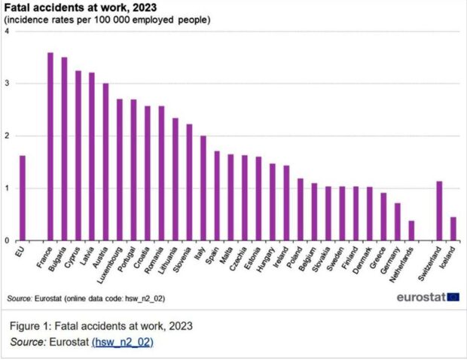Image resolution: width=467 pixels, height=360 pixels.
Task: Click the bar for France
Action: (50, 147)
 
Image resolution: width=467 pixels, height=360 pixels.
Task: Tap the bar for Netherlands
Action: (411, 230)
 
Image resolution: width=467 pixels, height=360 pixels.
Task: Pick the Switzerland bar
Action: (439, 211)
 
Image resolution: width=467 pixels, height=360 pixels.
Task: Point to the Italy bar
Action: (203, 188)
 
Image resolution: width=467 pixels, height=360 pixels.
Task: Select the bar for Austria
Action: (106, 162)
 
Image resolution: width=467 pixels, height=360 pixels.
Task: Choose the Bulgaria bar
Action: (64, 149)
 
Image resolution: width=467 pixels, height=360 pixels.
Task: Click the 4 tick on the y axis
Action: (7, 32)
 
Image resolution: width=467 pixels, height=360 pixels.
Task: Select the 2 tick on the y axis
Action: (7, 136)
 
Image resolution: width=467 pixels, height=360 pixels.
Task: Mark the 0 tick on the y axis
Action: (7, 241)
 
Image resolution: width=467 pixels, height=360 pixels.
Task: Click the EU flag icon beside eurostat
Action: (453, 297)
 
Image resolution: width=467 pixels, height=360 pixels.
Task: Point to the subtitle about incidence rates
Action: (108, 19)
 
